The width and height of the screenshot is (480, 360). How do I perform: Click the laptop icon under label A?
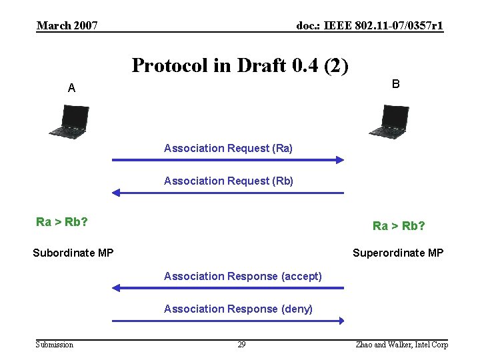tap(69, 121)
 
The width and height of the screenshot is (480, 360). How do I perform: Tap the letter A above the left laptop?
tap(71, 88)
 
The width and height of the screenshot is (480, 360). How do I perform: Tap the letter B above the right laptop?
tap(396, 84)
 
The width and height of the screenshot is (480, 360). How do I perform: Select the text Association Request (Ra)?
tap(228, 148)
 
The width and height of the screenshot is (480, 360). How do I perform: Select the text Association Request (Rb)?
tap(229, 181)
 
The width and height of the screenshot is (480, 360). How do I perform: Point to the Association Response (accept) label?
tap(243, 276)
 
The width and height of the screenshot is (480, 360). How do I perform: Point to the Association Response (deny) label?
tap(238, 309)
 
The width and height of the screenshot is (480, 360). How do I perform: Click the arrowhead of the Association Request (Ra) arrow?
tap(339, 160)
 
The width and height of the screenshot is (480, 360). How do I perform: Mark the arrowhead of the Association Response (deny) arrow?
tap(339, 321)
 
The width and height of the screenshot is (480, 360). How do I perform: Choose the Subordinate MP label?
tap(73, 253)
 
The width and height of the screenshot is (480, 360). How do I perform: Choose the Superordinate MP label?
tap(398, 253)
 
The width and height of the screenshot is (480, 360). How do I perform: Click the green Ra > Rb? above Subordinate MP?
tap(62, 222)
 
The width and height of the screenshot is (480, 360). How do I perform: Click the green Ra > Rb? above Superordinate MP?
tap(399, 226)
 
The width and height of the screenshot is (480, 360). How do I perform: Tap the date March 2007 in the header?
tap(67, 26)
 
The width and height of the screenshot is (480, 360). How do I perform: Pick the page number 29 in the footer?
tap(241, 345)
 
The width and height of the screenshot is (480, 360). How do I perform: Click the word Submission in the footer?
tap(55, 345)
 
